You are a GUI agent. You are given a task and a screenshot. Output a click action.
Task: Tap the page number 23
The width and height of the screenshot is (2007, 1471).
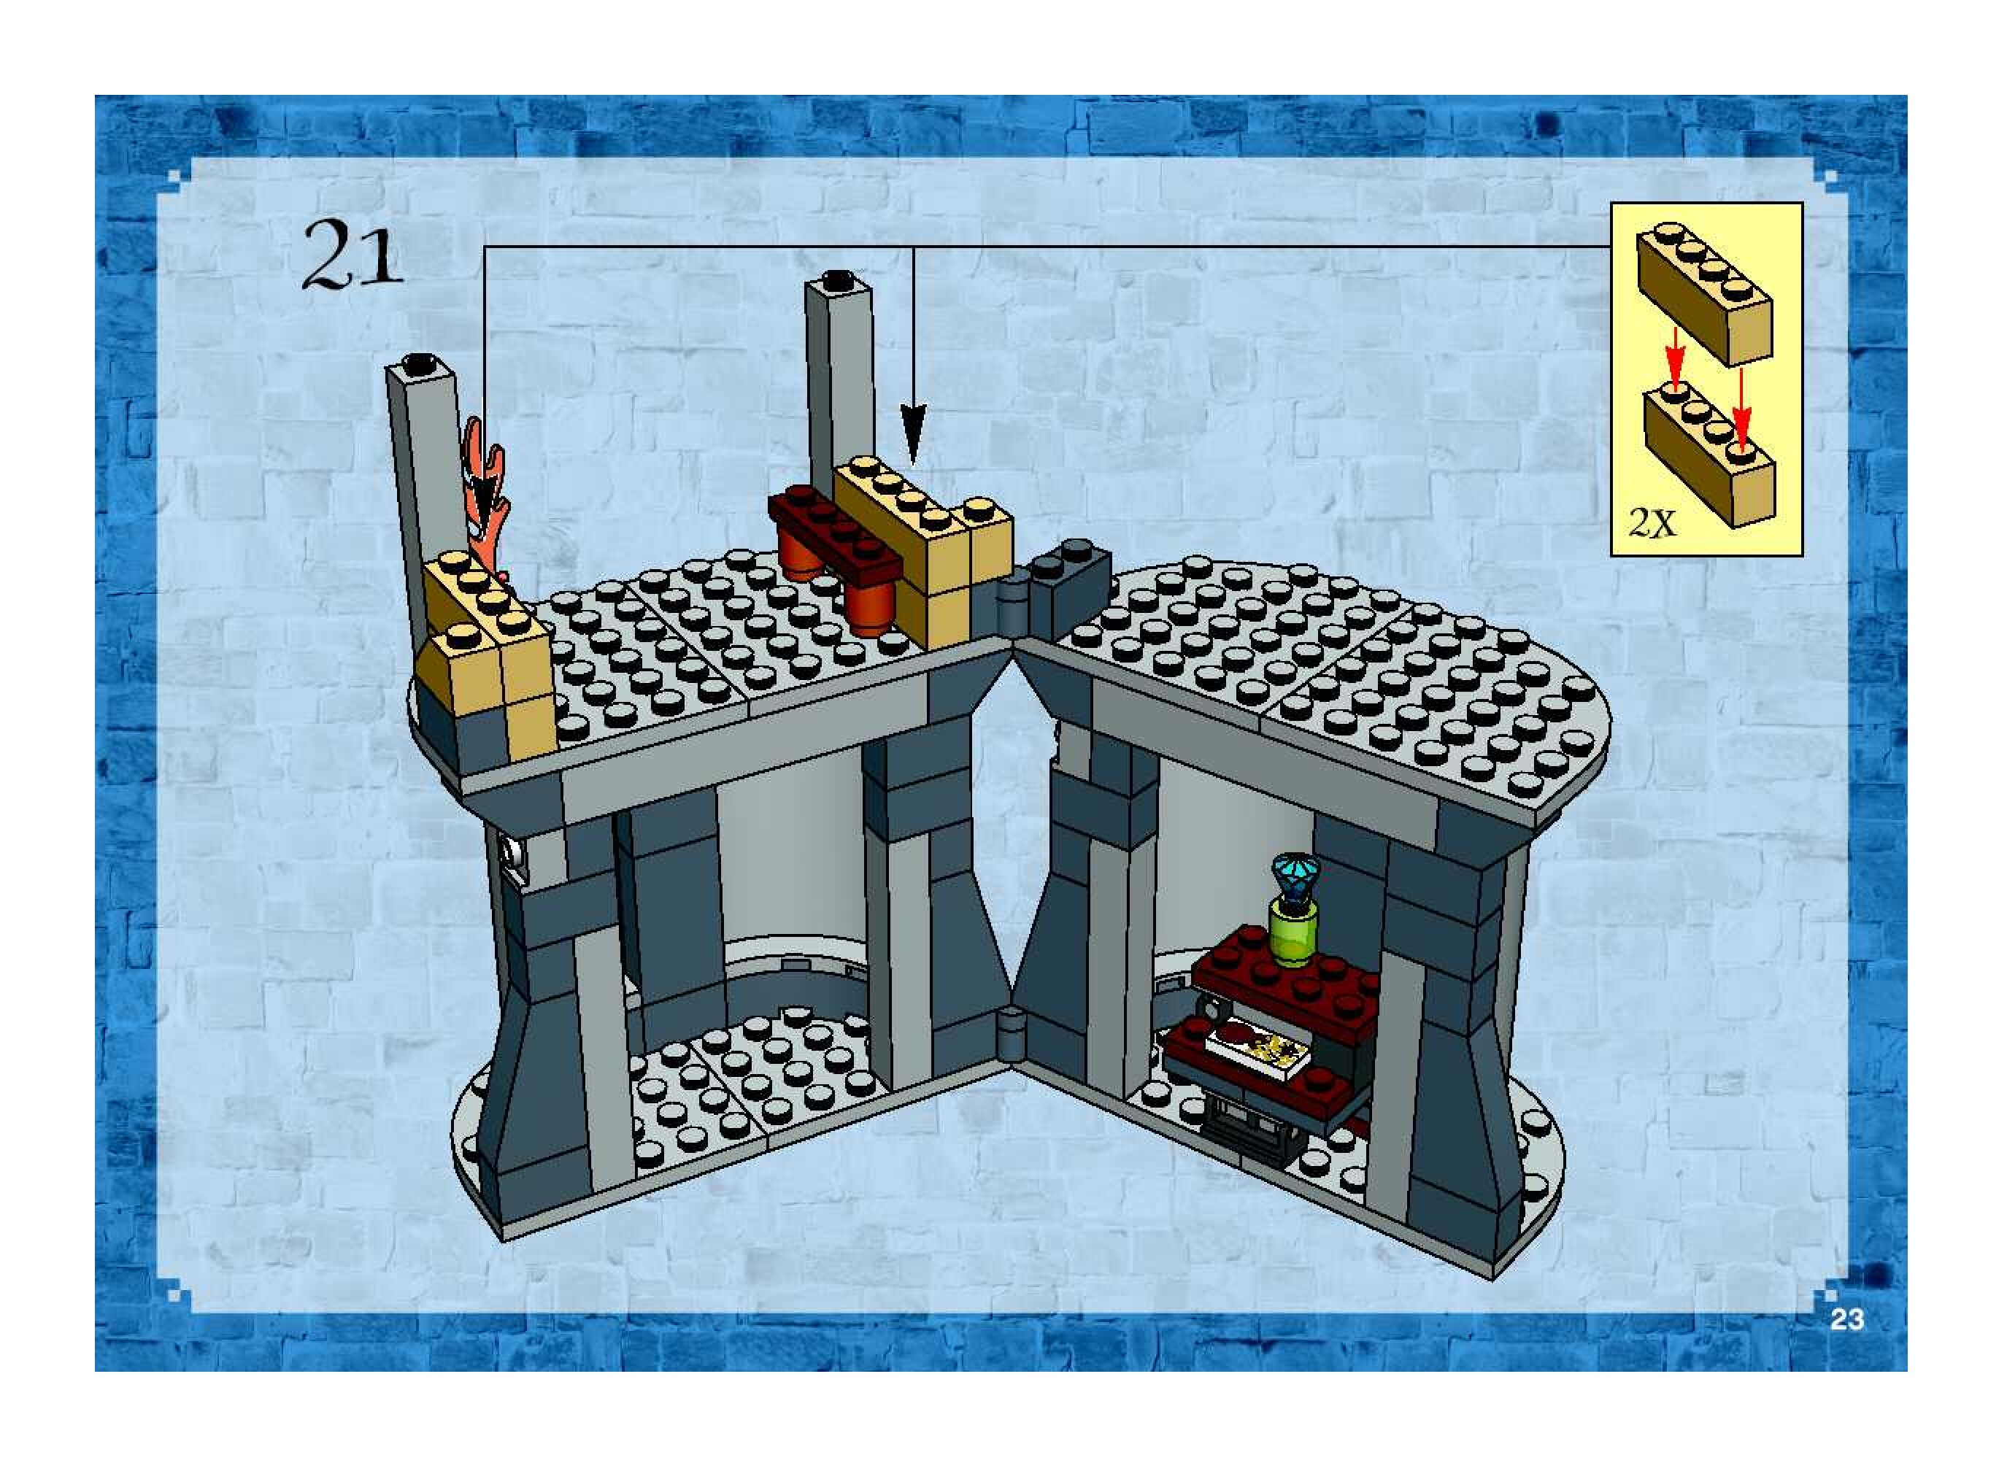tap(1846, 1319)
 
